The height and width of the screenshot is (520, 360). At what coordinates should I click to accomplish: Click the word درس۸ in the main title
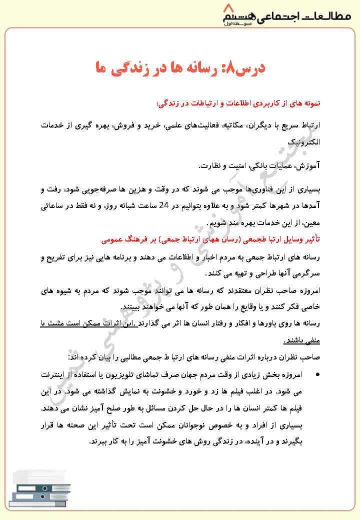click(244, 68)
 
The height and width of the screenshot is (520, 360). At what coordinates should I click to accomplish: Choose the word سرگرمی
click(305, 274)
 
